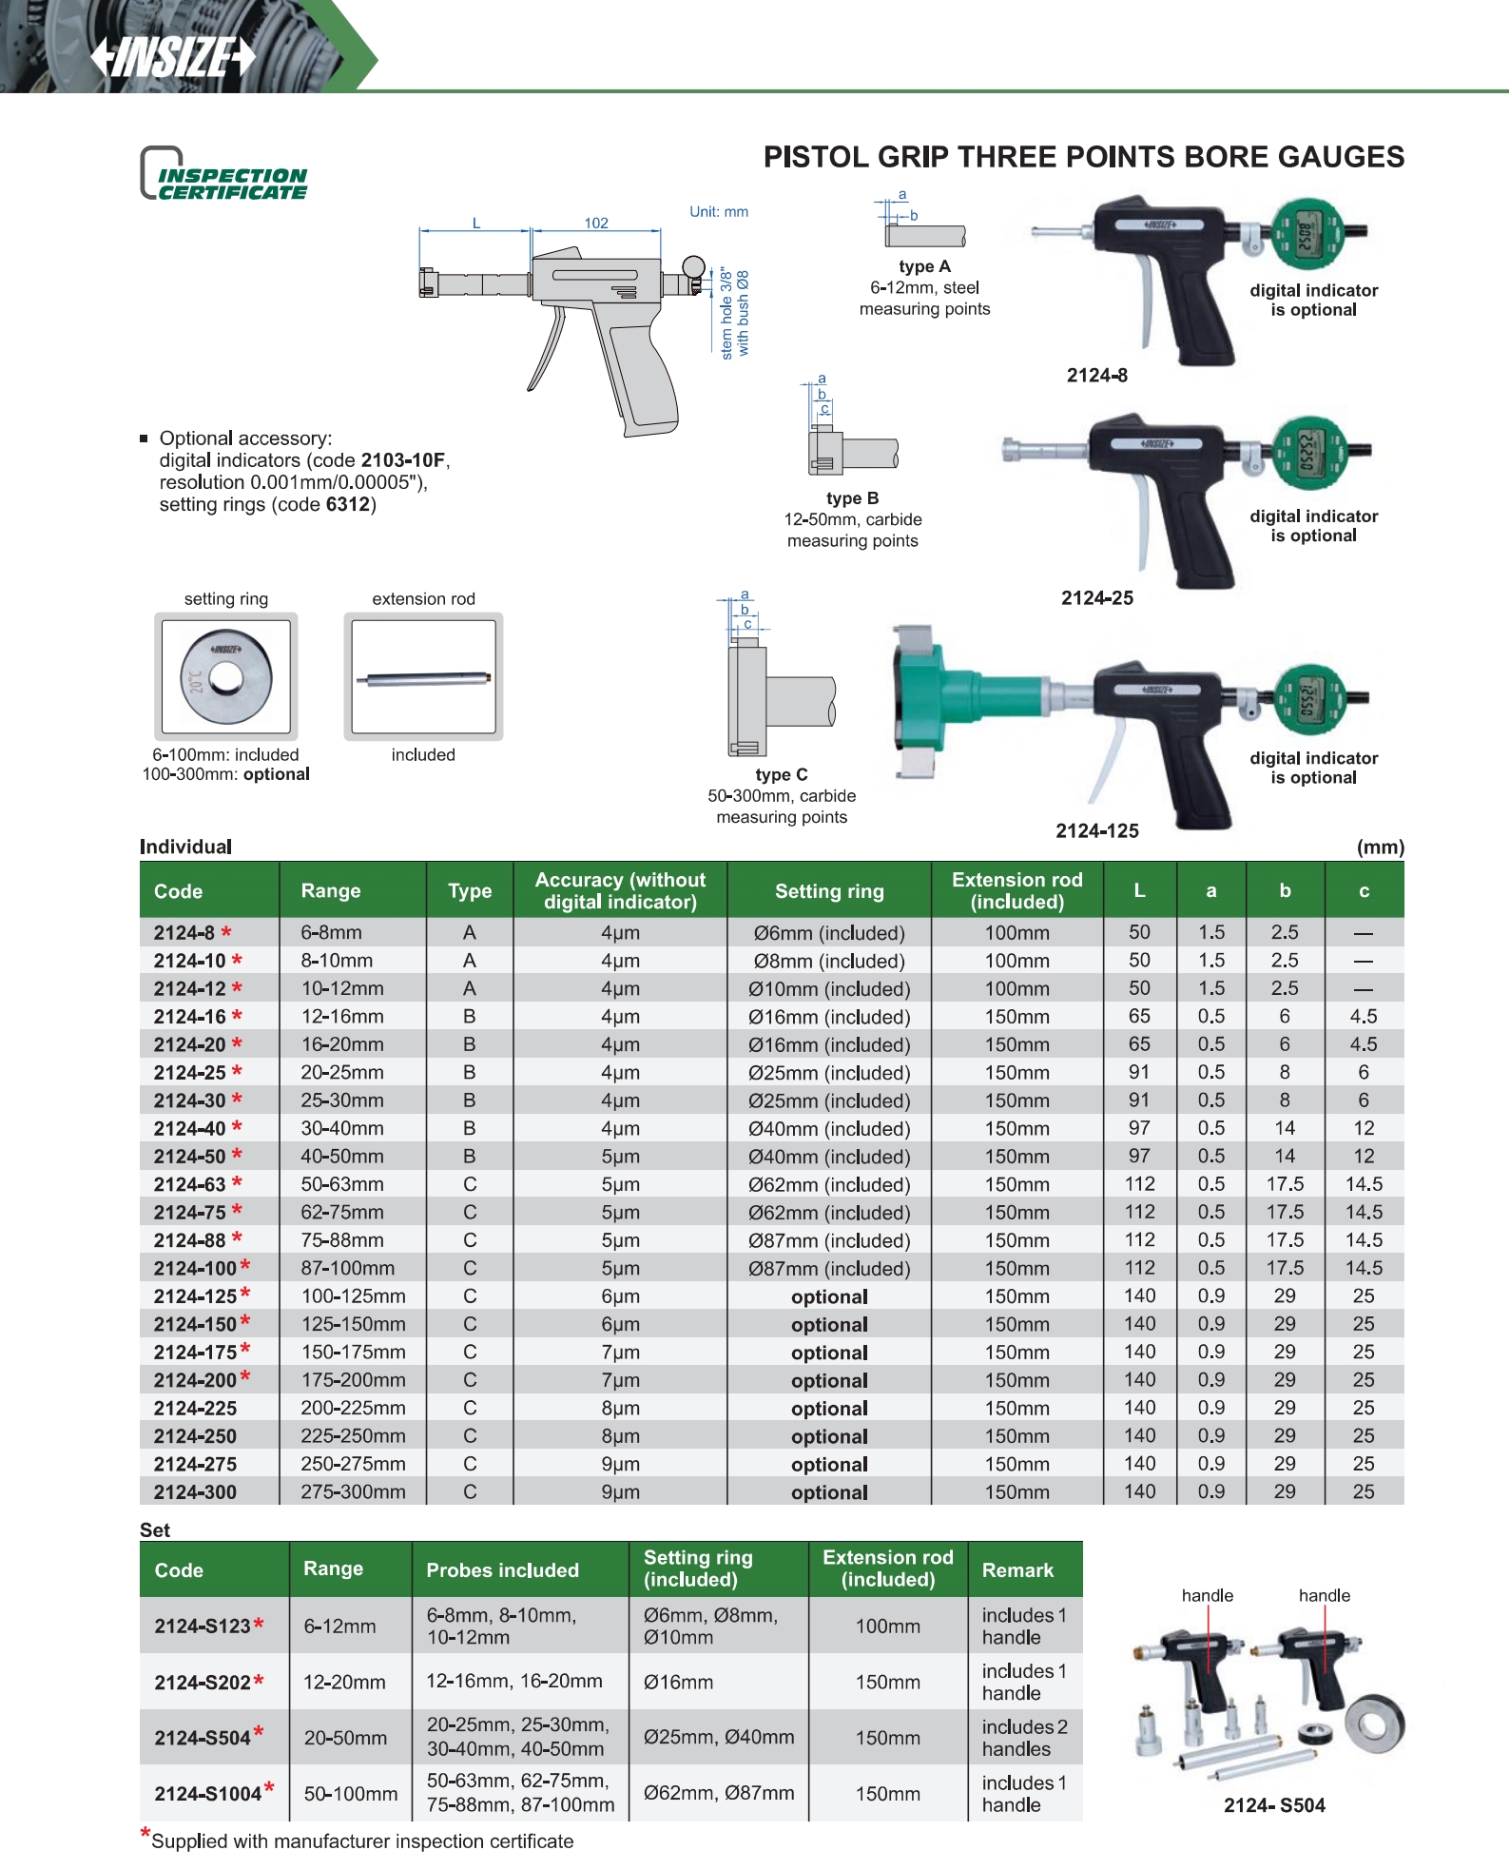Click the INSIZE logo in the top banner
click(173, 57)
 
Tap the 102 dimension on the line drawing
click(596, 224)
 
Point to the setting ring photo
click(226, 677)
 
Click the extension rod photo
click(423, 677)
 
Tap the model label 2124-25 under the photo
click(1097, 598)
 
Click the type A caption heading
click(924, 267)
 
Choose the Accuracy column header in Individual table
click(620, 891)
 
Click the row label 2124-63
click(190, 1185)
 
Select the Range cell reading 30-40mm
click(342, 1129)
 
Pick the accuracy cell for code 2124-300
click(620, 1492)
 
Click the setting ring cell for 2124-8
click(829, 933)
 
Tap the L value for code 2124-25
click(1139, 1073)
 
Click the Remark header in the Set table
click(1017, 1570)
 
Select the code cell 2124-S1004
click(208, 1794)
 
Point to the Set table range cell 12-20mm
click(344, 1683)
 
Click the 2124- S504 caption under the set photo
click(1274, 1805)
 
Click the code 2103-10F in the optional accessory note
click(403, 460)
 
